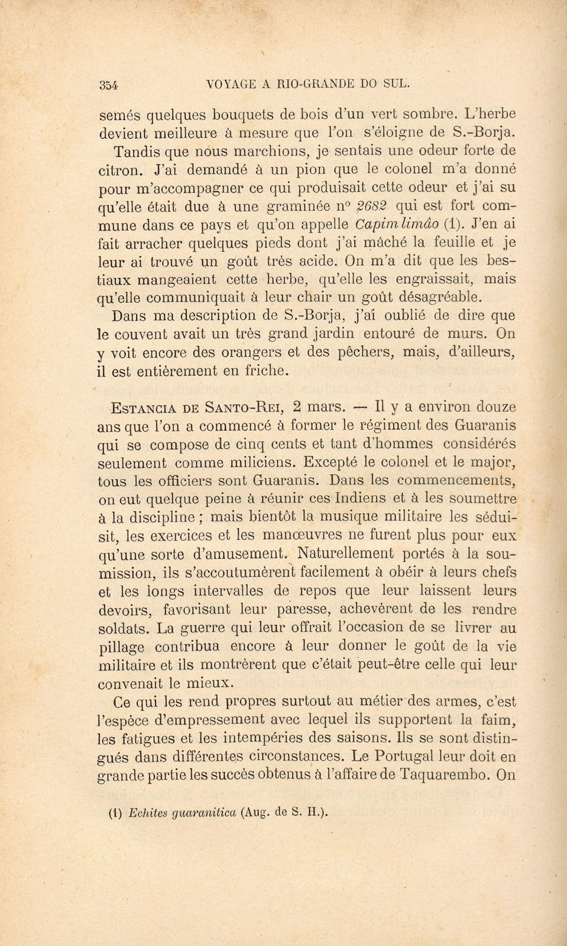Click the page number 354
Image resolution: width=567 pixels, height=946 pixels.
(109, 85)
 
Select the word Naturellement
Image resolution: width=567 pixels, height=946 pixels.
(346, 554)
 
